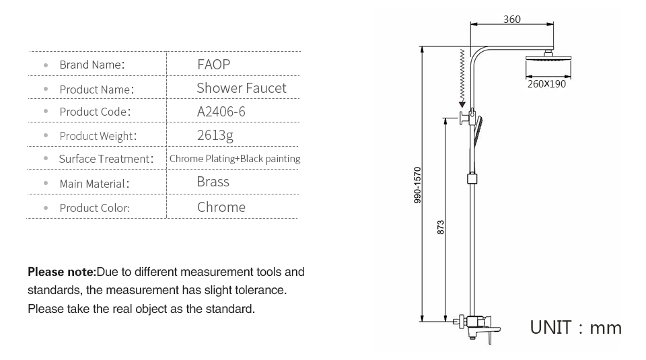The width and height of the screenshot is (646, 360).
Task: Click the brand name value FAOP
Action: pyautogui.click(x=213, y=65)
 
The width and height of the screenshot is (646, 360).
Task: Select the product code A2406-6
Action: pyautogui.click(x=221, y=112)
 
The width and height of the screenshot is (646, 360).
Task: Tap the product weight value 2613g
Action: pyautogui.click(x=215, y=135)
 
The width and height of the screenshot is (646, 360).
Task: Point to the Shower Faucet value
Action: pyautogui.click(x=241, y=88)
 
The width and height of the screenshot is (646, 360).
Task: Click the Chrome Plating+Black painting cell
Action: pyautogui.click(x=235, y=159)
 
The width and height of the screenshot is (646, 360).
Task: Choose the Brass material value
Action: pyautogui.click(x=213, y=182)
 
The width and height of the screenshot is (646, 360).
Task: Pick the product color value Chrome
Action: pyautogui.click(x=221, y=207)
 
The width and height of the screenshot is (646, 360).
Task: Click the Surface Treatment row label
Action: pyautogui.click(x=106, y=159)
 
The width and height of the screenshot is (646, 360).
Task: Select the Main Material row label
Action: pyautogui.click(x=94, y=184)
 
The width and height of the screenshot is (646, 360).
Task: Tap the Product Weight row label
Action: pyautogui.click(x=98, y=136)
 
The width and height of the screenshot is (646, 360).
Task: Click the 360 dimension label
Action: pyautogui.click(x=511, y=20)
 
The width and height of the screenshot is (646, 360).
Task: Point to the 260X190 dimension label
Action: pyautogui.click(x=546, y=84)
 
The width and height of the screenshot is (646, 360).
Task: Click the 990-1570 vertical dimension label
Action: pyautogui.click(x=417, y=185)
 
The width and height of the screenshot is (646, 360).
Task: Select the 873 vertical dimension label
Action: pyautogui.click(x=440, y=227)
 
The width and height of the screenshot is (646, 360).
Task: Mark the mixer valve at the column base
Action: pyautogui.click(x=477, y=326)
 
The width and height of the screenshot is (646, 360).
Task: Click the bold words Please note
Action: pyautogui.click(x=62, y=272)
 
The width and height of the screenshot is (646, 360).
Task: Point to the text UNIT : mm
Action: pyautogui.click(x=575, y=328)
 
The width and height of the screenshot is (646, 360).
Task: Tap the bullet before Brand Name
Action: pyautogui.click(x=46, y=65)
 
